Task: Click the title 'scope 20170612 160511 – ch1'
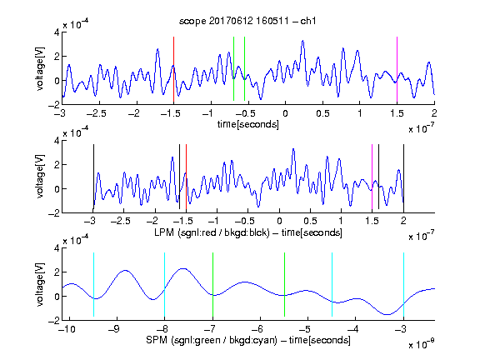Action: pyautogui.click(x=247, y=21)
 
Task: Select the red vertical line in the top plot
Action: pyautogui.click(x=173, y=69)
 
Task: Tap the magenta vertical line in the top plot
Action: pyautogui.click(x=397, y=69)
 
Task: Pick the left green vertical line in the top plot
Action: pyautogui.click(x=233, y=68)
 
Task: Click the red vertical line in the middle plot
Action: pyautogui.click(x=186, y=177)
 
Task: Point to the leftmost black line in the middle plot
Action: pyautogui.click(x=93, y=177)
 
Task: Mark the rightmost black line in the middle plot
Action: pyautogui.click(x=403, y=177)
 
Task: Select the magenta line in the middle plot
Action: pyautogui.click(x=372, y=177)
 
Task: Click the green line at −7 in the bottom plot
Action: pyautogui.click(x=212, y=285)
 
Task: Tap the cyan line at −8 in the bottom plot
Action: pyautogui.click(x=164, y=285)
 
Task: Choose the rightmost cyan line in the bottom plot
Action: pyautogui.click(x=403, y=285)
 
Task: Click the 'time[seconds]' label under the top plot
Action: pyautogui.click(x=248, y=124)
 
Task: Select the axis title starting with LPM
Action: pyautogui.click(x=248, y=232)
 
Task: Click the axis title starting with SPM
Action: pyautogui.click(x=248, y=340)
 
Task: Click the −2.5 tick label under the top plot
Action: pyautogui.click(x=96, y=113)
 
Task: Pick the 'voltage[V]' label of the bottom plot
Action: pyautogui.click(x=40, y=284)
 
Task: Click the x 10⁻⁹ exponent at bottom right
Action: pyautogui.click(x=421, y=343)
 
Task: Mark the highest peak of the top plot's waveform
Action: pyautogui.click(x=302, y=40)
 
